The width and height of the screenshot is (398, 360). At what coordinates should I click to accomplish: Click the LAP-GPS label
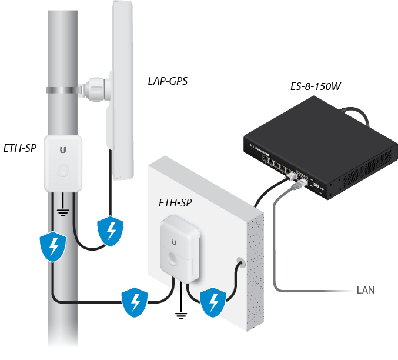click(168, 81)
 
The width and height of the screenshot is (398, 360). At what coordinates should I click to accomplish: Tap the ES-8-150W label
click(316, 86)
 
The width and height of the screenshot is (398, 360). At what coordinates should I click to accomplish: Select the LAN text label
click(366, 290)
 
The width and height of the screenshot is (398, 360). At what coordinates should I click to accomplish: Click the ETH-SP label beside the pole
click(20, 148)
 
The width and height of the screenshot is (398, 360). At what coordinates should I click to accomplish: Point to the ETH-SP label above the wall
click(175, 203)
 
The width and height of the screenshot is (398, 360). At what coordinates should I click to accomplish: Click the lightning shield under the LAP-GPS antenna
click(111, 231)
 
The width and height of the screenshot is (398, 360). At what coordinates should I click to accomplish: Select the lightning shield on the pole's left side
click(53, 246)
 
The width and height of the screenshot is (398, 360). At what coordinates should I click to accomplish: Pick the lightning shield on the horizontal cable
click(135, 302)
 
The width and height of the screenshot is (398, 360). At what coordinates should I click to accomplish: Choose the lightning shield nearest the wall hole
click(213, 302)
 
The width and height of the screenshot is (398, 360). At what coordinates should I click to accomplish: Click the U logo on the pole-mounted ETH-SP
click(63, 150)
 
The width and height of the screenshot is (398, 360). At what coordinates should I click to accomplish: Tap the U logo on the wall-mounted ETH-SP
click(174, 242)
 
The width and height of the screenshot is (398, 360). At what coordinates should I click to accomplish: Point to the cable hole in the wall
click(241, 263)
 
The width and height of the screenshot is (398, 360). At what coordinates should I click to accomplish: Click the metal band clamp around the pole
click(63, 90)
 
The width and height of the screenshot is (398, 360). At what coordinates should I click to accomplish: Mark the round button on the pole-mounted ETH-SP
click(63, 170)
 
